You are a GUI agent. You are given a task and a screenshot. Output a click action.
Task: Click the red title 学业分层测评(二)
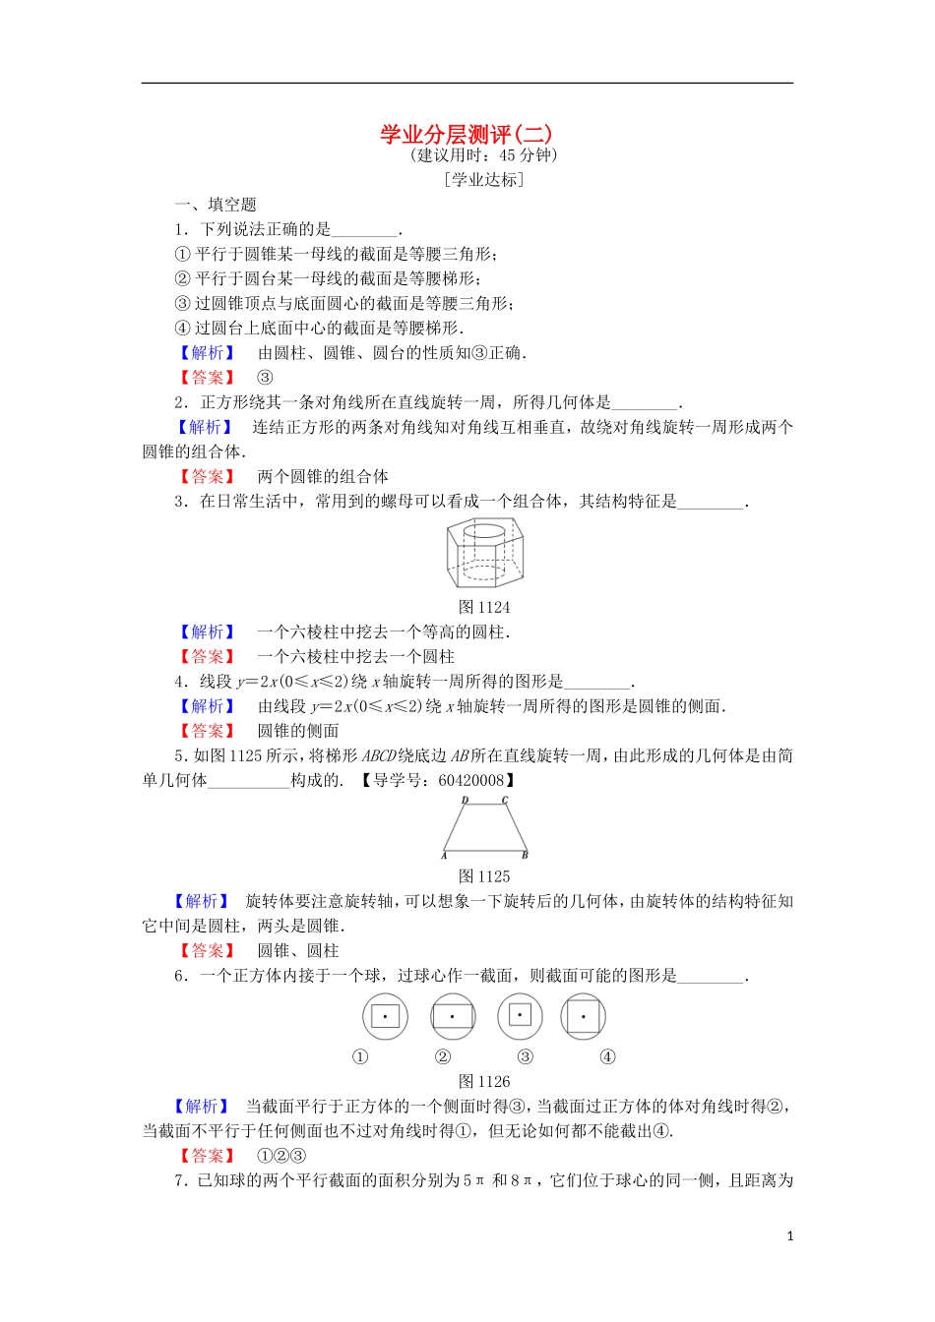pos(467,134)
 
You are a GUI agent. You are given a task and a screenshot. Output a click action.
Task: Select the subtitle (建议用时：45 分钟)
pos(484,155)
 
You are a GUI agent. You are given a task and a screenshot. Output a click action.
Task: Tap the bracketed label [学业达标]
pos(484,179)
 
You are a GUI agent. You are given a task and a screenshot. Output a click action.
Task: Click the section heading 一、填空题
pos(216,205)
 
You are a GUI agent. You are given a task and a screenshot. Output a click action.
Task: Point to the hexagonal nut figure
pos(484,554)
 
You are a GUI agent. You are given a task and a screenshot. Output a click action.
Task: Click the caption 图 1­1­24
pos(484,607)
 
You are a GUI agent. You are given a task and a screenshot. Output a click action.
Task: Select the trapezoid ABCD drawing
pos(485,828)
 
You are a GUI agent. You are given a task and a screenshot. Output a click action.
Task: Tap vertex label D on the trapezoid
pos(465,801)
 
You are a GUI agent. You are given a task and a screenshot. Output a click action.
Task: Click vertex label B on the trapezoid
pos(525,855)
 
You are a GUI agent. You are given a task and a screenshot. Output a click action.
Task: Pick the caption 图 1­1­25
pos(484,876)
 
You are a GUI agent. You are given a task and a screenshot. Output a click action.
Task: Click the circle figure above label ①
pos(385,1017)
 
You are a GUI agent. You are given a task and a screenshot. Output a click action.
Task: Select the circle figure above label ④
pos(584,1017)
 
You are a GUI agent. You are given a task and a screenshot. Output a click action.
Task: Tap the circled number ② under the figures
pos(443,1057)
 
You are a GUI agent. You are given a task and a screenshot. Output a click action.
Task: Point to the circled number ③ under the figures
pos(526,1057)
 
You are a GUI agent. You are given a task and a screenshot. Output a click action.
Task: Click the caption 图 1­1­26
pos(484,1081)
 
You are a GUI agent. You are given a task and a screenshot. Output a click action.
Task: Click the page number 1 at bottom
pos(789,1236)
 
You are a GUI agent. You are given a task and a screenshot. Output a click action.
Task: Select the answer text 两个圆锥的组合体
pos(323,476)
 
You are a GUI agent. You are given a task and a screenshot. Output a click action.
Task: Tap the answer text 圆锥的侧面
pos(298,731)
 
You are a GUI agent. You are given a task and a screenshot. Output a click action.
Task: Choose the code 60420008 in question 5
pos(471,780)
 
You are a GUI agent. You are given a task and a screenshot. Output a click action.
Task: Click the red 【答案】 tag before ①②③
pos(208,1156)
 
